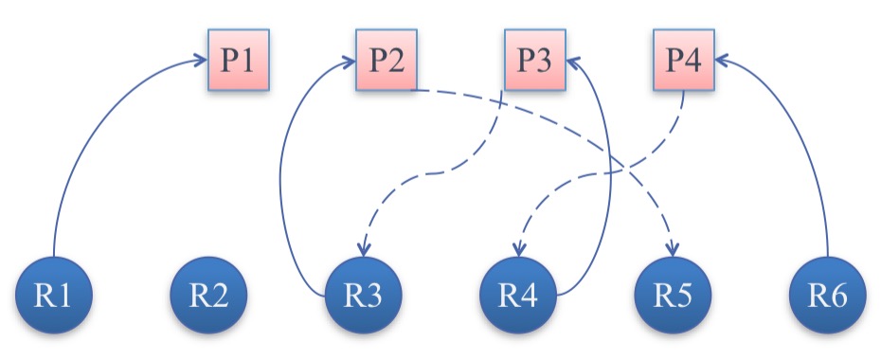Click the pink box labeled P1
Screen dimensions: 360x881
click(238, 59)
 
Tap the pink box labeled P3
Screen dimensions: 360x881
click(533, 60)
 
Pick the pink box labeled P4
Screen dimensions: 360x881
click(683, 60)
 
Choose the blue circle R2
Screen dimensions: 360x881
click(209, 296)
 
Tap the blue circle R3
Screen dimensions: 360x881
click(364, 296)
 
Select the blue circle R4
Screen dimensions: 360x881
click(518, 296)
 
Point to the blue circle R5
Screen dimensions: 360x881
click(674, 296)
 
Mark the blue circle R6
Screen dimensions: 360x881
click(828, 296)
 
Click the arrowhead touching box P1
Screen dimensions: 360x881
click(200, 61)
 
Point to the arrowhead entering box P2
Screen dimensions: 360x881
click(349, 61)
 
